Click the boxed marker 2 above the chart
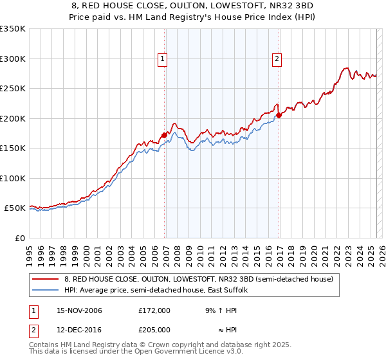pos(277,60)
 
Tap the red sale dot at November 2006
pos(165,134)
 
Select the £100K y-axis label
pos(13,178)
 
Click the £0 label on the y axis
pos(19,238)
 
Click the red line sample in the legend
pos(46,279)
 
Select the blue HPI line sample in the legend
pos(46,291)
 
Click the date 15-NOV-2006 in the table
pos(79,310)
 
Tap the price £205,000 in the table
pos(154,329)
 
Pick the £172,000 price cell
pos(154,310)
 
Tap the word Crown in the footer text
pos(139,345)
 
